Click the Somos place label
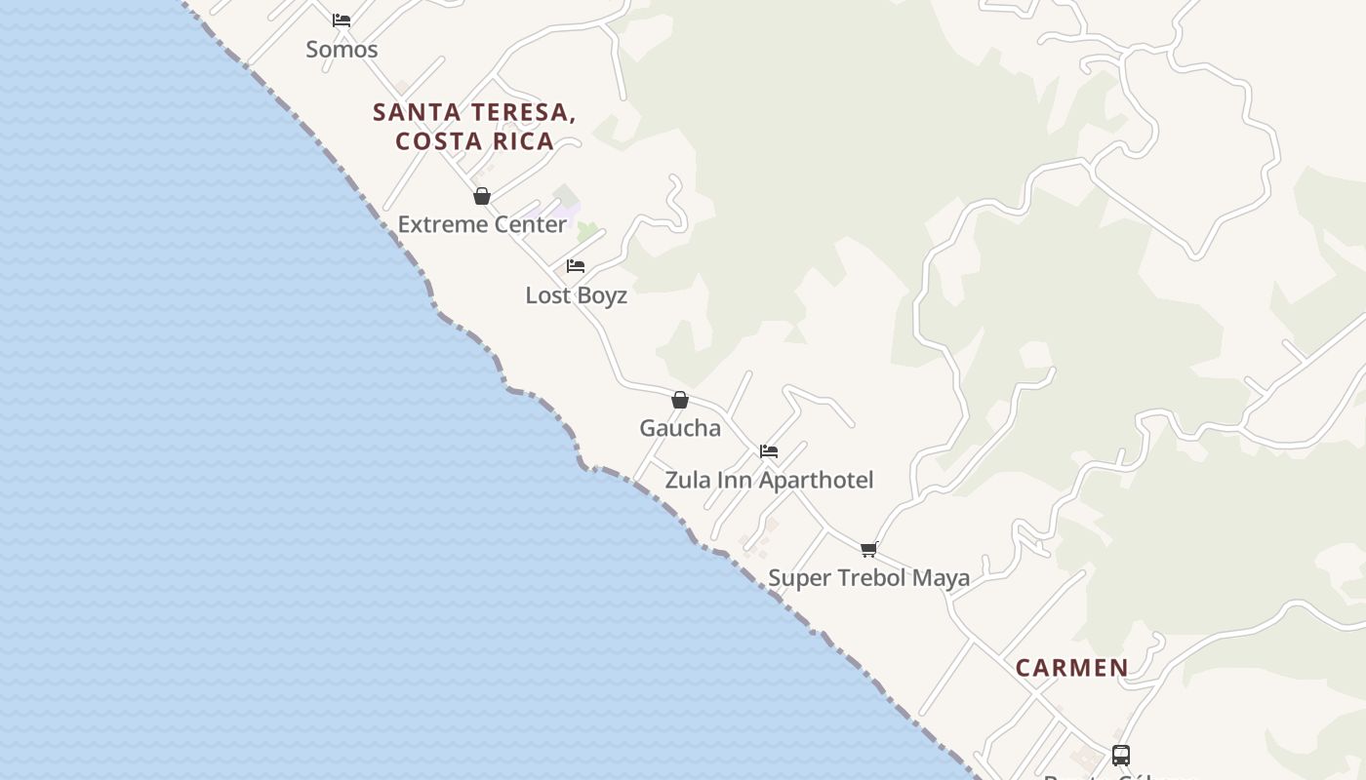coord(341,49)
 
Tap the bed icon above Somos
coord(341,19)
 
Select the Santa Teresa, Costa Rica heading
coord(474,126)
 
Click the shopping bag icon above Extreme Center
coord(481,196)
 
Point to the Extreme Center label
coord(482,224)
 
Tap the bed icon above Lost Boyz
coord(576,266)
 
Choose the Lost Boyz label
coord(576,295)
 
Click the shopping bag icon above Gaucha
coord(680,400)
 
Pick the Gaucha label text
coord(680,428)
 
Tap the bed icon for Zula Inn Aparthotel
coord(769,451)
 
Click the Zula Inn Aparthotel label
coord(769,480)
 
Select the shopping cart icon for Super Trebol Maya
coord(868,550)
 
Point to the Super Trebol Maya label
coord(868,578)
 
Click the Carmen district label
coord(1071,668)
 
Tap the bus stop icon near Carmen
coord(1121,756)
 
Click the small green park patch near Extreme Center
coord(586,232)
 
